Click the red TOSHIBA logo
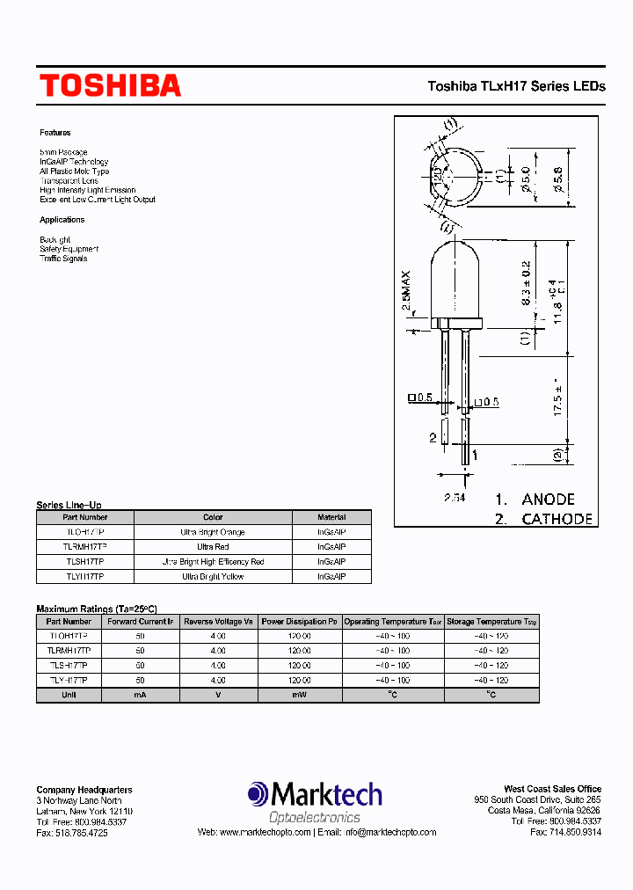pos(110,85)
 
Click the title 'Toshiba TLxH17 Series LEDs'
pos(516,86)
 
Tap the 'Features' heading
pos(55,133)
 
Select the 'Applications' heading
pos(62,220)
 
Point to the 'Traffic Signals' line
pos(63,259)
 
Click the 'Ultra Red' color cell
pos(213,547)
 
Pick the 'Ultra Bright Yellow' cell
pos(213,577)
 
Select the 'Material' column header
pos(331,518)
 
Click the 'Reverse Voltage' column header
pos(218,622)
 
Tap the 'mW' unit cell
pos(299,696)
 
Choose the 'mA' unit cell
pos(141,696)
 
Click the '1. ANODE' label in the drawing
pos(535,499)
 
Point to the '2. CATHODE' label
pos(543,519)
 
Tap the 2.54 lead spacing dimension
pos(454,499)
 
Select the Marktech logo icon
pos(258,795)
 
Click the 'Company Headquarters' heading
pos(84,790)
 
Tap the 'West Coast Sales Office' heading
pos(552,789)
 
